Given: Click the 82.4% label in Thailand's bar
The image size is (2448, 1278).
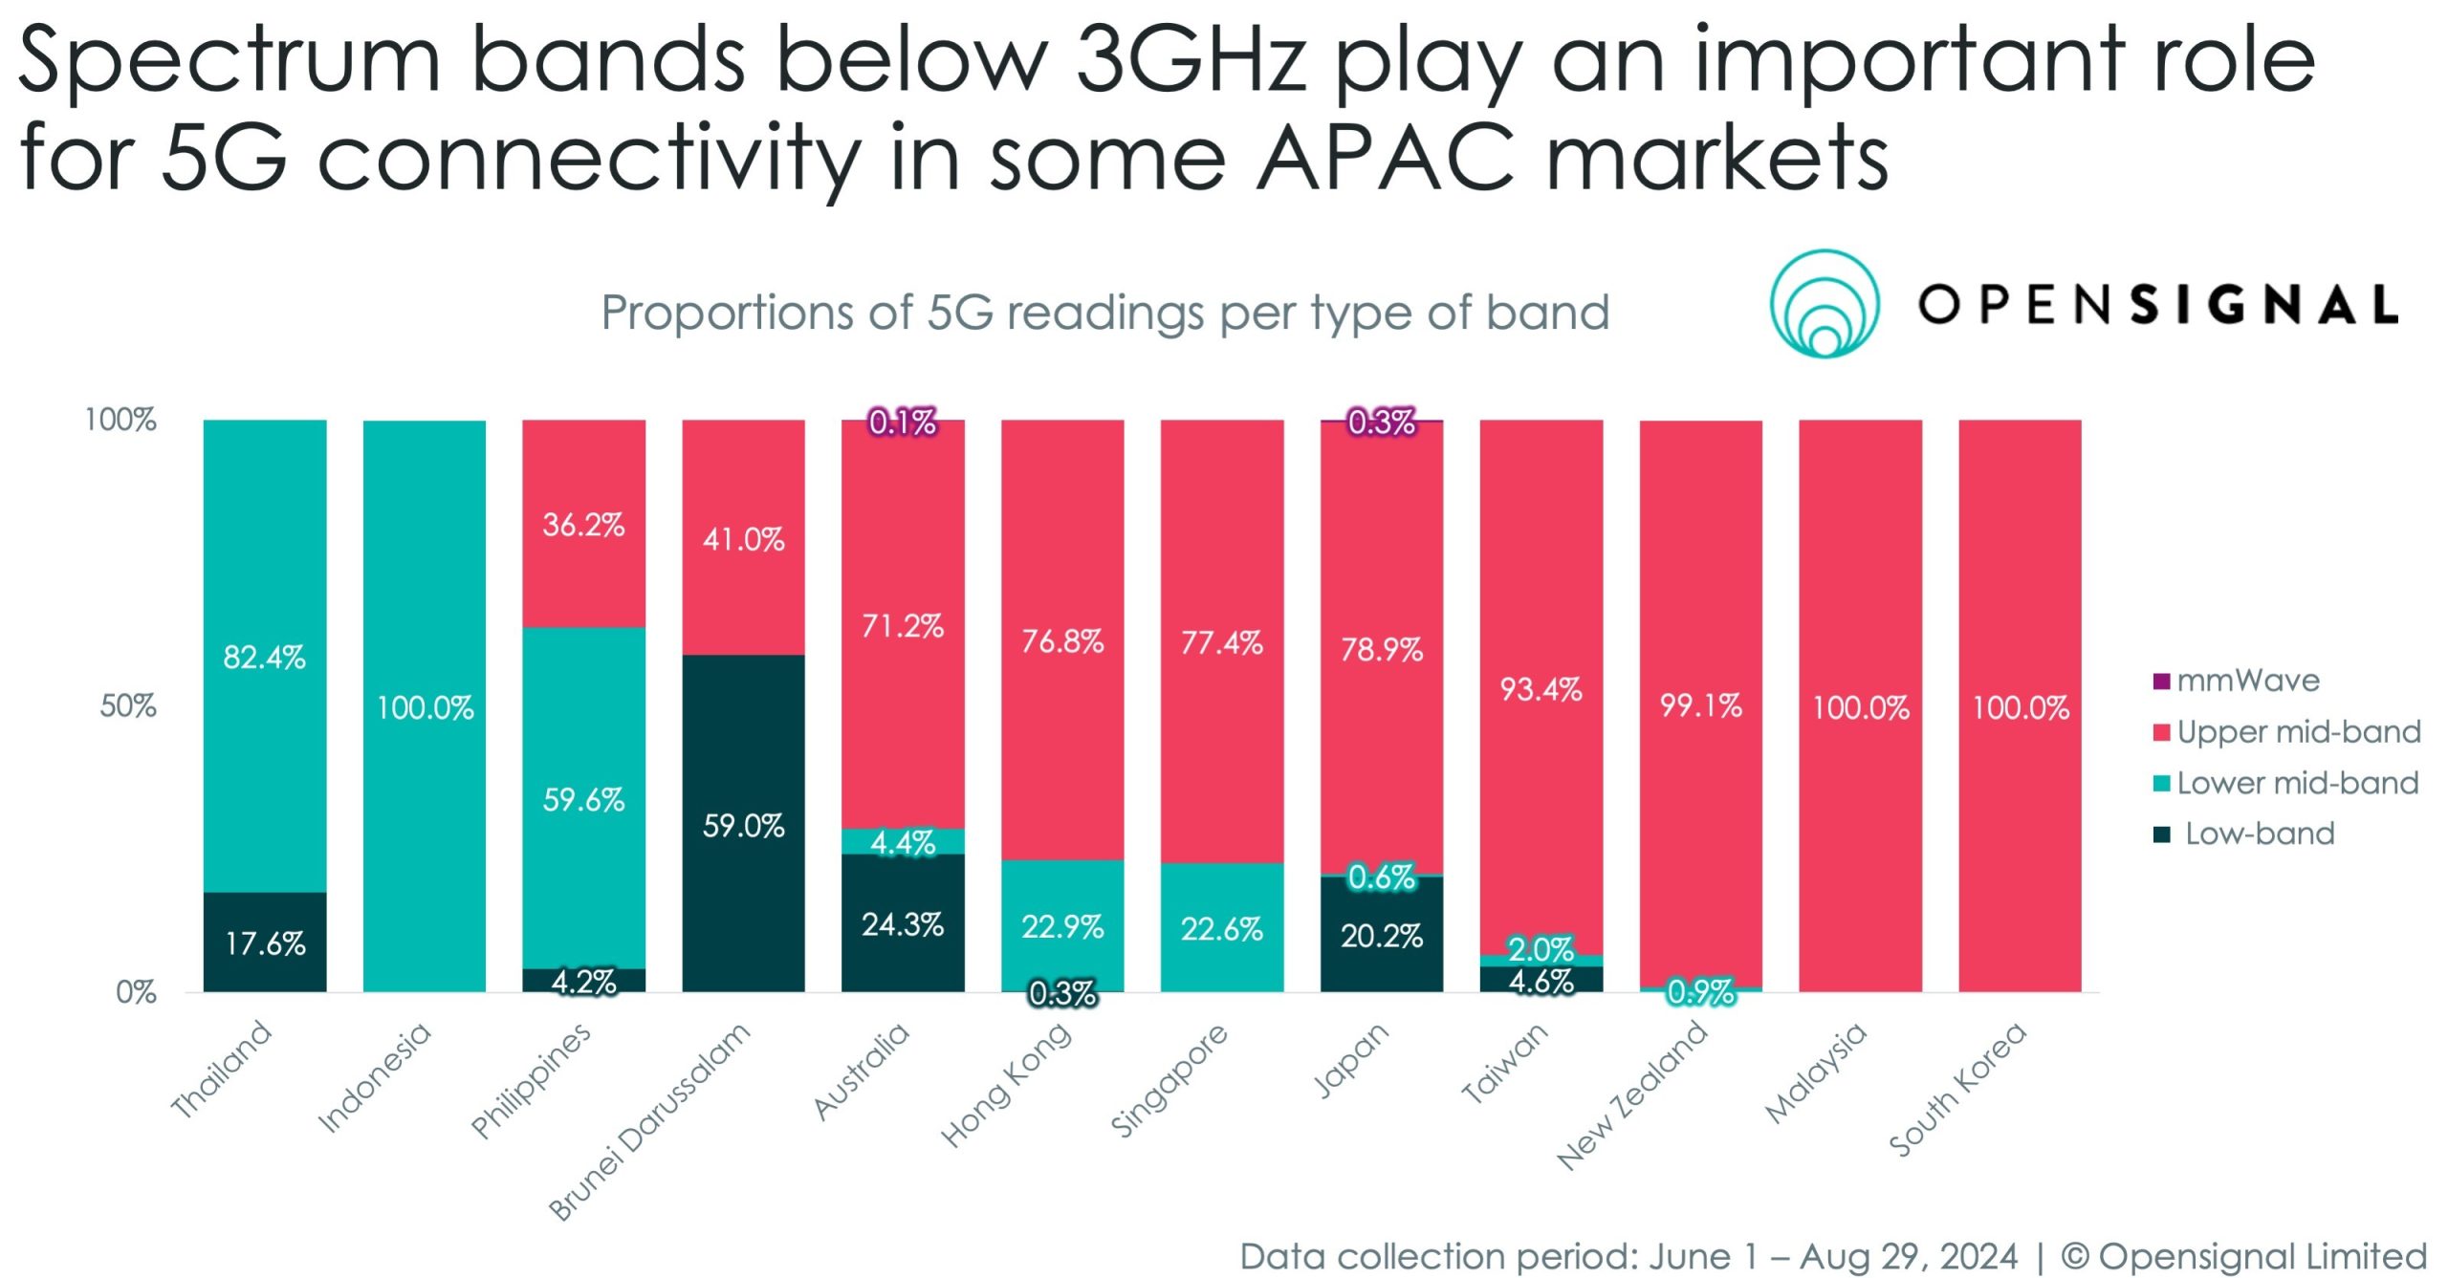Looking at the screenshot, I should click(x=264, y=658).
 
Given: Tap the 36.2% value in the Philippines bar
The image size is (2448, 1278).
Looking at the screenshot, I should click(x=583, y=525).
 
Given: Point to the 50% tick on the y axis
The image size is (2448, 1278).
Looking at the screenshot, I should click(x=128, y=706).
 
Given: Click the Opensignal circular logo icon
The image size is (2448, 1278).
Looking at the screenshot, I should click(x=1824, y=304).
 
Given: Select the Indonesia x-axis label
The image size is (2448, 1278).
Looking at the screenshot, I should click(x=374, y=1077).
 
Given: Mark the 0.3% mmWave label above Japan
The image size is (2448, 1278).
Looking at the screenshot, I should click(x=1381, y=422).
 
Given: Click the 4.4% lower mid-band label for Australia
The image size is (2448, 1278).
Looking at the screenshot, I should click(x=902, y=842).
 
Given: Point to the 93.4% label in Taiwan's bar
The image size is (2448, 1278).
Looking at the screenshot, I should click(x=1541, y=689).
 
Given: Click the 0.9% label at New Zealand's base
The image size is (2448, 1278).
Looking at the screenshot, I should click(x=1700, y=992).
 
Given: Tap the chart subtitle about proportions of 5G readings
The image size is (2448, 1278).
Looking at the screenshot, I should click(x=1104, y=313).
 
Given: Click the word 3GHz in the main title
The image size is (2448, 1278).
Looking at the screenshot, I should click(x=1191, y=59).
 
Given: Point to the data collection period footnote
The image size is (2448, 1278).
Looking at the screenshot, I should click(x=1627, y=1255).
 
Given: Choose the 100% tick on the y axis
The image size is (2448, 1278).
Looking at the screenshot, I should click(x=120, y=420).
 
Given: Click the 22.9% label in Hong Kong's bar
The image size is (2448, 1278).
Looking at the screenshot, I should click(x=1061, y=926).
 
